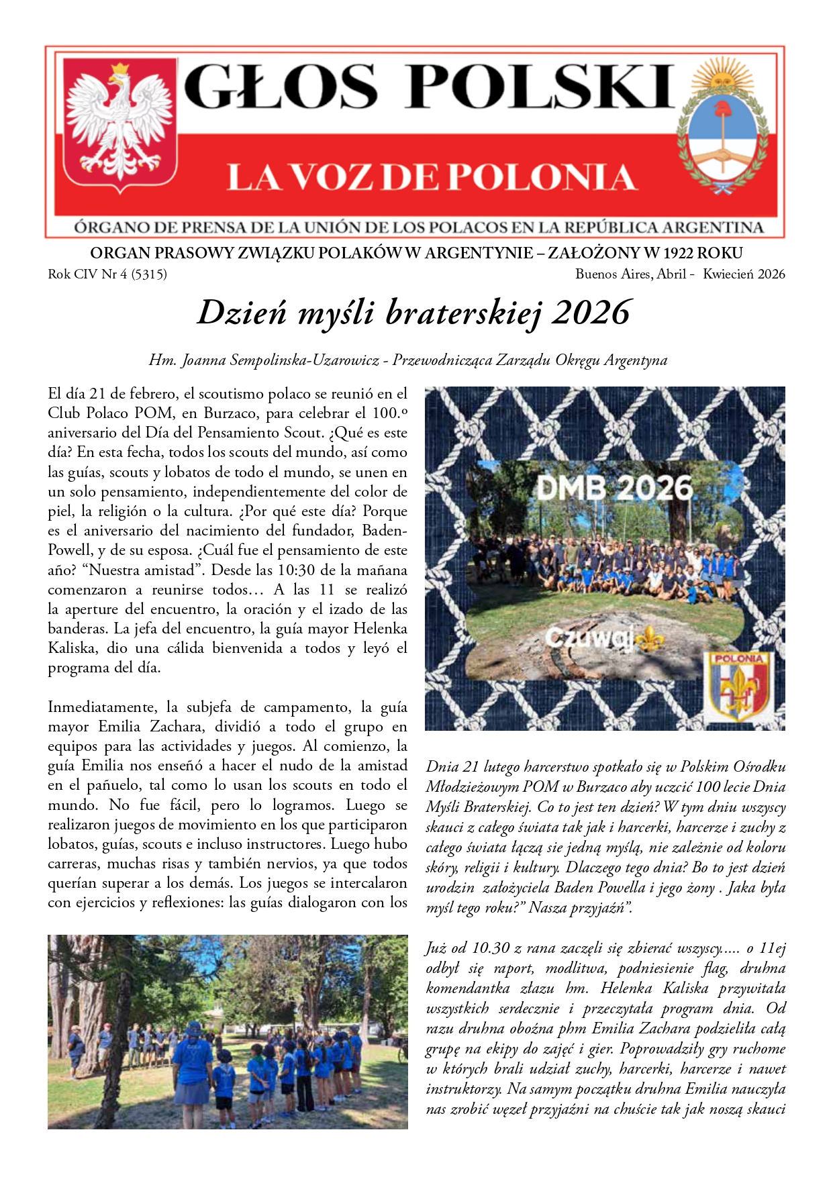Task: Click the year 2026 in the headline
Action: click(591, 313)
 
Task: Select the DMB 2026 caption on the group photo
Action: click(614, 489)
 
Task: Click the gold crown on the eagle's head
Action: click(120, 69)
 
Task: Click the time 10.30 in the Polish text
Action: click(491, 948)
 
